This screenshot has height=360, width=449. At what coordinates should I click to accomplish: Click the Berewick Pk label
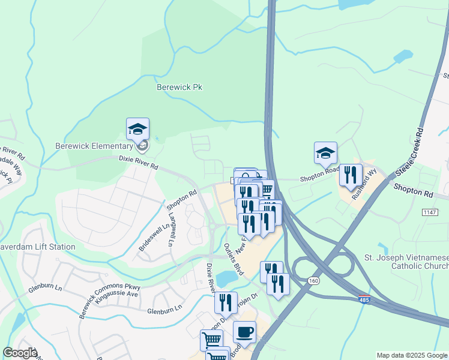[179, 87]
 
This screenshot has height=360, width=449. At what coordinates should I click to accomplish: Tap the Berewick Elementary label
[94, 146]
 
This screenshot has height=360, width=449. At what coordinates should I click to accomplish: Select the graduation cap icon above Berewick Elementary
[137, 129]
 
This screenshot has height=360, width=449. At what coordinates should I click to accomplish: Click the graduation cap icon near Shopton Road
[325, 153]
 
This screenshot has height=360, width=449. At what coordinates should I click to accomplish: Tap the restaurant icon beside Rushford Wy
[351, 175]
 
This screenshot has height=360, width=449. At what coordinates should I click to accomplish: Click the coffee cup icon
[244, 331]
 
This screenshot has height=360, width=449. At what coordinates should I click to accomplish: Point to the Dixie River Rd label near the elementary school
[138, 160]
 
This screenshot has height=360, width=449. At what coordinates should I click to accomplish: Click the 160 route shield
[313, 280]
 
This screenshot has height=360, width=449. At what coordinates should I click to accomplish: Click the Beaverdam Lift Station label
[38, 247]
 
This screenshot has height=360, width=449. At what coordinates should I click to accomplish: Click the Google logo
[20, 353]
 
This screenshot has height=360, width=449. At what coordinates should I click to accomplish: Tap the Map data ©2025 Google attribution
[412, 355]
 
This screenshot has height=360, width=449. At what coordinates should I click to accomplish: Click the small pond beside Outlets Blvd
[226, 278]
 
